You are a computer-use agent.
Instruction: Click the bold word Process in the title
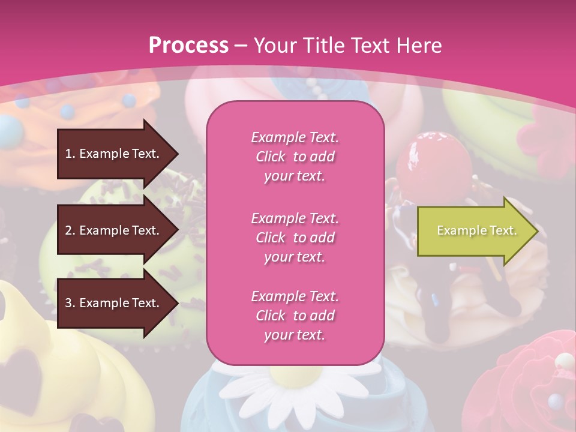click(x=188, y=46)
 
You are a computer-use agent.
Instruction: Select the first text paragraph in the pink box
click(x=295, y=157)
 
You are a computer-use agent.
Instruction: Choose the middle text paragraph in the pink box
click(x=295, y=238)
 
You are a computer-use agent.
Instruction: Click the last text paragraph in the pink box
click(x=295, y=316)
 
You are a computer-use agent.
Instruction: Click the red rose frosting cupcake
click(x=516, y=384)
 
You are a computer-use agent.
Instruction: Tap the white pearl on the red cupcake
click(x=564, y=361)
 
